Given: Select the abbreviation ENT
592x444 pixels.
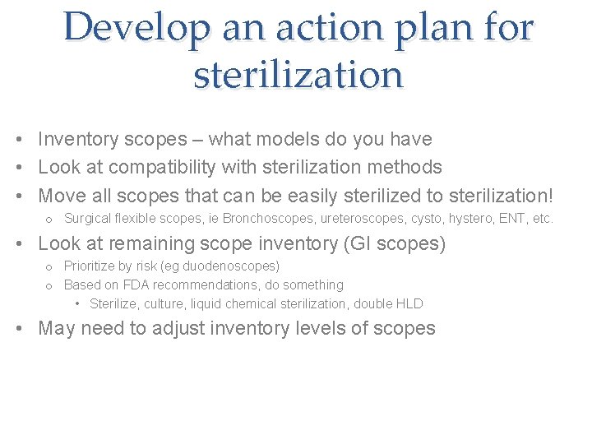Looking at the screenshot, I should (516, 219).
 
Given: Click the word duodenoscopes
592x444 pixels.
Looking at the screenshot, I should (233, 266).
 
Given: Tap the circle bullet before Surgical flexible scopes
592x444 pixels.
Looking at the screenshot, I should (49, 220).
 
